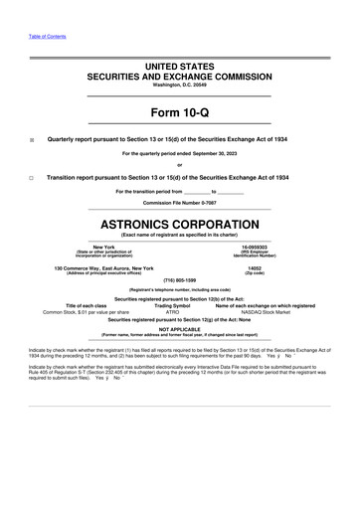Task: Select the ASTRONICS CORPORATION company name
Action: click(x=179, y=216)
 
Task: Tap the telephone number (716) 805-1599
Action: click(x=179, y=279)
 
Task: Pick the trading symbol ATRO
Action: click(x=179, y=311)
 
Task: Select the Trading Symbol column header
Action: click(x=179, y=304)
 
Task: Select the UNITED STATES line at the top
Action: click(x=179, y=66)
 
